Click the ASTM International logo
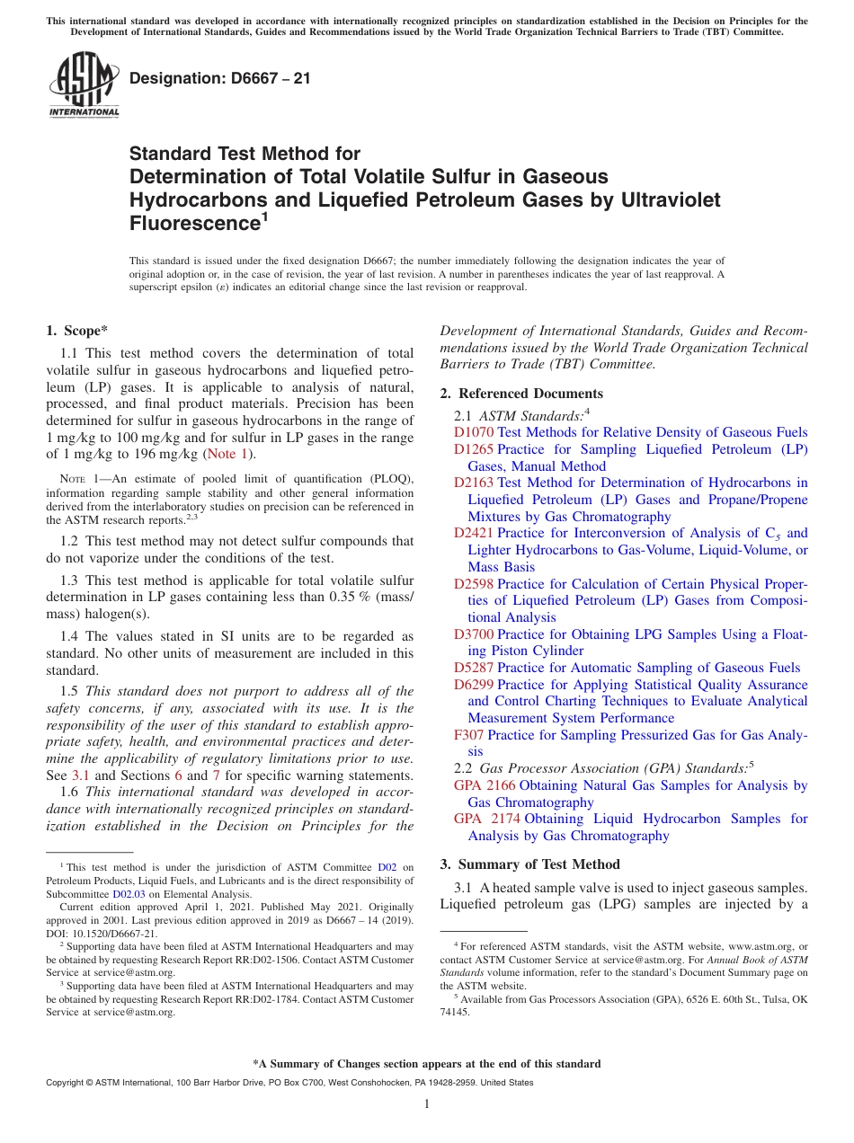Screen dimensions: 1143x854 pos(83,85)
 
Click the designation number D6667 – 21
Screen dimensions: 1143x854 pos(220,78)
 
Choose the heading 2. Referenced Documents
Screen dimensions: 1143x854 pos(521,394)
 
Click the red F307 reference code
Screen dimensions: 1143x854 pos(469,735)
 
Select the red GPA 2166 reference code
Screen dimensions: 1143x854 pos(485,785)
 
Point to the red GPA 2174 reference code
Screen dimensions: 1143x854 pos(485,819)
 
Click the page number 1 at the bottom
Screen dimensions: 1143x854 pos(427,1104)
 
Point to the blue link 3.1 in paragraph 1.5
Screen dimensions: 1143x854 pos(81,775)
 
